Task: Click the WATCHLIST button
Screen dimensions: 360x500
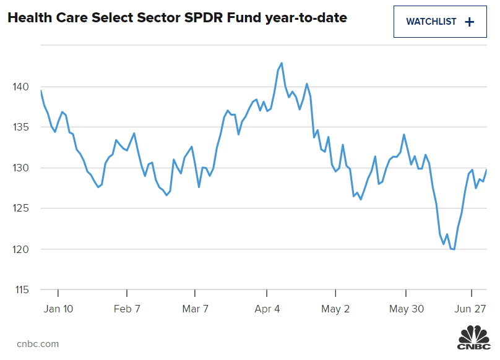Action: [x=440, y=22]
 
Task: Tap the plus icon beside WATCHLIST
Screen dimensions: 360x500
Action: [x=469, y=22]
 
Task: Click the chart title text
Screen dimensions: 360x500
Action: [x=177, y=19]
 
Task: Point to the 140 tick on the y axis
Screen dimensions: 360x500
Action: [x=21, y=87]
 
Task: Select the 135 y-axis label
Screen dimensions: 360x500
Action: [x=21, y=127]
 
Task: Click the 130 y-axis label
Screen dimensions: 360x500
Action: [x=21, y=168]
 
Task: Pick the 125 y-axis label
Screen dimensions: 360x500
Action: [x=21, y=209]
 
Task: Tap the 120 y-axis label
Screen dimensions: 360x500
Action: [x=21, y=249]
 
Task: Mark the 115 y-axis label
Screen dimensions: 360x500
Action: [x=21, y=290]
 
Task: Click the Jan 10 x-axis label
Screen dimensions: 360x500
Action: [x=58, y=309]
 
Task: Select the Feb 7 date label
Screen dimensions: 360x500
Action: [x=127, y=309]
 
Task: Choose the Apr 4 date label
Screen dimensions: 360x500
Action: [x=267, y=309]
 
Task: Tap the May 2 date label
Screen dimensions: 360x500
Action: [x=337, y=309]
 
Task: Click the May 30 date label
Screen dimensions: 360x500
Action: [x=407, y=309]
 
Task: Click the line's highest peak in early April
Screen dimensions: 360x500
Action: [x=282, y=63]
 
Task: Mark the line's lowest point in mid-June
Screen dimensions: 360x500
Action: [x=454, y=249]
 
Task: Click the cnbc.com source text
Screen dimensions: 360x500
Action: [x=38, y=343]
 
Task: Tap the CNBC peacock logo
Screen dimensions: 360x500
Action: [x=473, y=339]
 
